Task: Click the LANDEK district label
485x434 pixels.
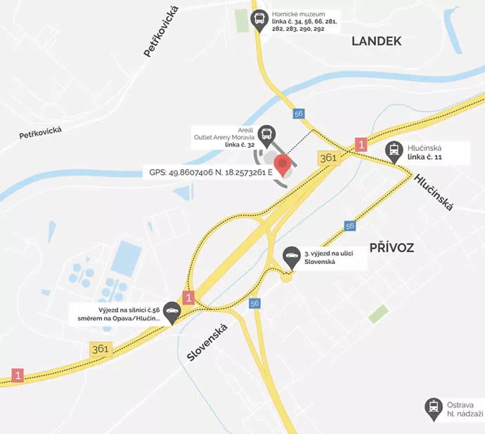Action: tap(376, 41)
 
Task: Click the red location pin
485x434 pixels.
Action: tap(283, 166)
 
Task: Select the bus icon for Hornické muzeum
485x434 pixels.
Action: tap(259, 18)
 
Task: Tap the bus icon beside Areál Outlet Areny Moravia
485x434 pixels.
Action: tap(266, 133)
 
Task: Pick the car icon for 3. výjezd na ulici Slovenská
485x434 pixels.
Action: tap(290, 255)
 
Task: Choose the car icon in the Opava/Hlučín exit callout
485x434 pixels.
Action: tap(172, 312)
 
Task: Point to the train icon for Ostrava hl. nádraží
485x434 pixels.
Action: tap(433, 407)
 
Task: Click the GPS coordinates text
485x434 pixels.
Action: tap(211, 171)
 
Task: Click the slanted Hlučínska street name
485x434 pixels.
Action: tap(434, 192)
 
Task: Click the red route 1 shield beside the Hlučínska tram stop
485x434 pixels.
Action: tap(362, 145)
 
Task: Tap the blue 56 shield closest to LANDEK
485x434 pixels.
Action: tap(299, 114)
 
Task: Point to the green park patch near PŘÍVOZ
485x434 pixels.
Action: tap(378, 314)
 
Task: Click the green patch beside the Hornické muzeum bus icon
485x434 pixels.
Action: tap(242, 21)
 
